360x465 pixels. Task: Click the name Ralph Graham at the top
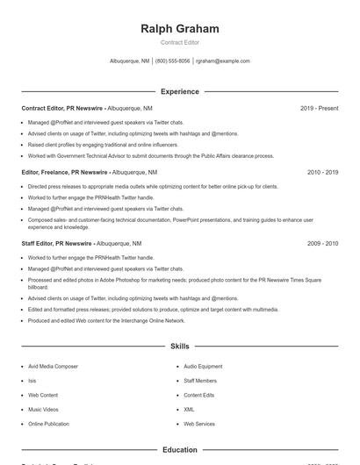tap(179, 29)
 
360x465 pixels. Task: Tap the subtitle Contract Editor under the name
tap(179, 42)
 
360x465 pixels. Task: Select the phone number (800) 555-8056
tap(173, 61)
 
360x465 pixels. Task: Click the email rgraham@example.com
tap(223, 61)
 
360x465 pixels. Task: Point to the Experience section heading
tap(179, 91)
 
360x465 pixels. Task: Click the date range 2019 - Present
tap(319, 108)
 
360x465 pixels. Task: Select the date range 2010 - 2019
tap(322, 172)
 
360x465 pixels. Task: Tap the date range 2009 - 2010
tap(322, 243)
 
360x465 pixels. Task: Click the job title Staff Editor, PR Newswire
tap(57, 243)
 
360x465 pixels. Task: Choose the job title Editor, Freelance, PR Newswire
tap(64, 172)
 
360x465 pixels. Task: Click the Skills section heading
tap(179, 347)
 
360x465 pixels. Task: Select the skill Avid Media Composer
tap(53, 367)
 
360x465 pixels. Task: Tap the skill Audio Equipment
tap(203, 367)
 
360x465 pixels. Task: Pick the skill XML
tap(189, 410)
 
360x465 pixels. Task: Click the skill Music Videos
tap(43, 410)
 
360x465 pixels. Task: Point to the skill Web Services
tap(198, 424)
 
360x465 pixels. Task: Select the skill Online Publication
tap(48, 424)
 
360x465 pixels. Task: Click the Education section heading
tap(179, 450)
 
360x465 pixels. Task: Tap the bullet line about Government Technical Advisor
tap(151, 155)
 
